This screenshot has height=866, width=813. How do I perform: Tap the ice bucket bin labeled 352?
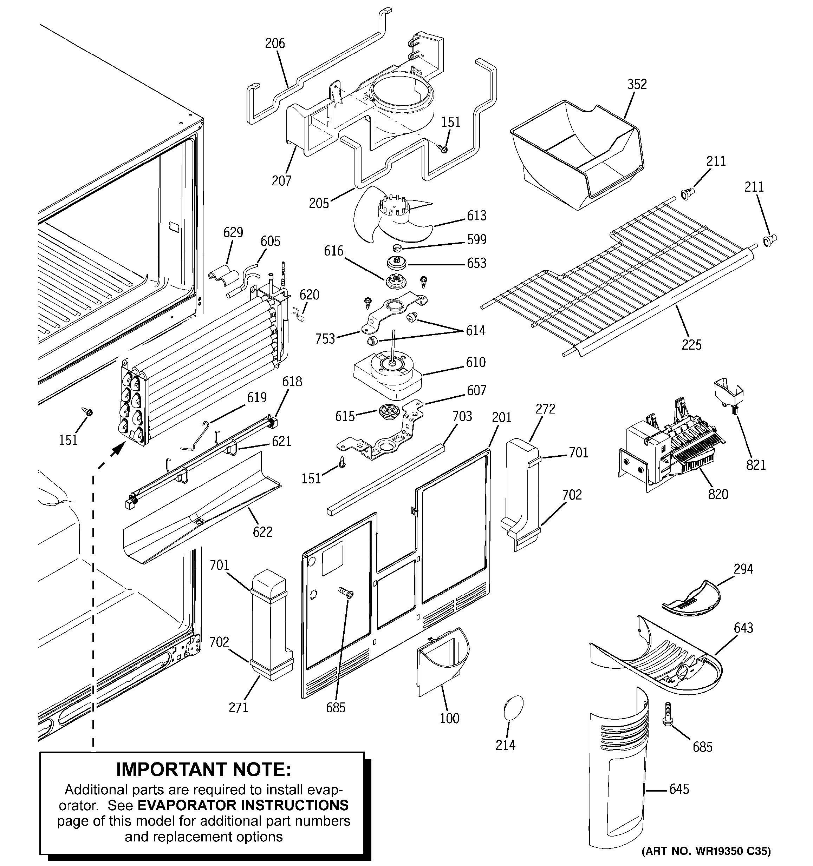575,152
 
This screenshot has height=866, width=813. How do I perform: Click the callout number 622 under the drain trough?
262,532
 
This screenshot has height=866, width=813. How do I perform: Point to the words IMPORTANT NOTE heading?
203,770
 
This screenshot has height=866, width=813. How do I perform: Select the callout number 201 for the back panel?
501,417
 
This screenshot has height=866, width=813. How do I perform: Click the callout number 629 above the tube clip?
233,232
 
